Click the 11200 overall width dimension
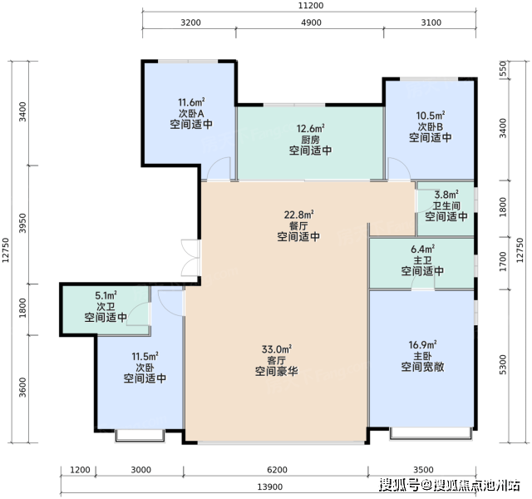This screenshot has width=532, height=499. click(x=311, y=6)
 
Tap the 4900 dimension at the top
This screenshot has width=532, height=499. click(x=311, y=22)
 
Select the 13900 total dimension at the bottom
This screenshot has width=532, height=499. click(x=269, y=487)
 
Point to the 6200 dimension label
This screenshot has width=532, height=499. click(x=277, y=470)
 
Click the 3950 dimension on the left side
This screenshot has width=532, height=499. click(x=22, y=223)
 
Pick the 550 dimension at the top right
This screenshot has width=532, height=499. click(x=503, y=68)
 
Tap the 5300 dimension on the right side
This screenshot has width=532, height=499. click(x=503, y=364)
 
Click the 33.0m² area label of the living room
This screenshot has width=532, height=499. click(x=277, y=349)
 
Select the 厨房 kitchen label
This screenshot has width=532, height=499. click(x=310, y=140)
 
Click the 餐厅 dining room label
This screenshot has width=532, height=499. click(x=298, y=225)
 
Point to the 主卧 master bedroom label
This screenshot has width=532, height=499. click(x=422, y=356)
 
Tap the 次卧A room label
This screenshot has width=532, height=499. click(x=191, y=113)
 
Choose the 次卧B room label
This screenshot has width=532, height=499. click(x=431, y=126)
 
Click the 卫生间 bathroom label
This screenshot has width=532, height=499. click(x=446, y=205)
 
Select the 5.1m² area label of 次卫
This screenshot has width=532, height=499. click(x=106, y=295)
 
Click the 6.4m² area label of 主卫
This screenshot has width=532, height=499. click(x=422, y=249)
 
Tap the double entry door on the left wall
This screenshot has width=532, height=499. click(x=190, y=258)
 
